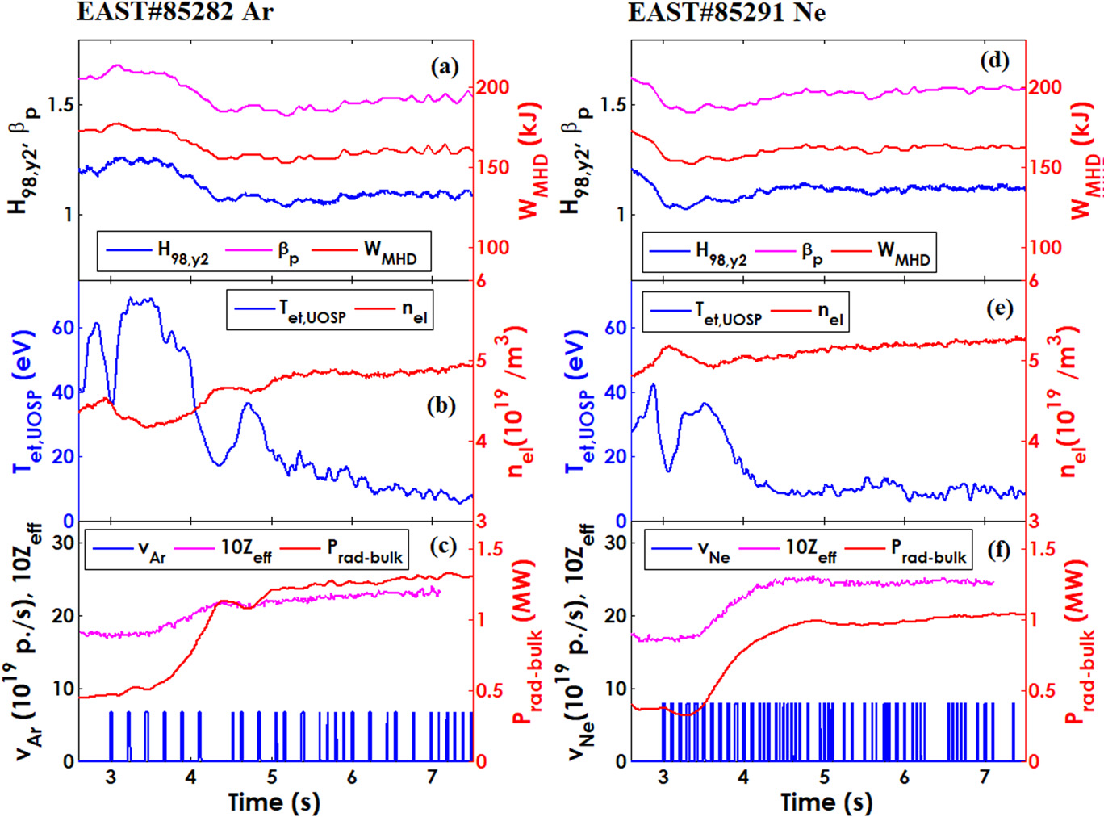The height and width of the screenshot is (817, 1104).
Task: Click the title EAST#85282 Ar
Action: click(175, 12)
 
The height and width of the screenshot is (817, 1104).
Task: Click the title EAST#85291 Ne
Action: click(726, 12)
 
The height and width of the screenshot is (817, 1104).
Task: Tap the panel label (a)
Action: click(445, 66)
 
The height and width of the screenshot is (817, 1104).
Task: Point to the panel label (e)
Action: click(999, 308)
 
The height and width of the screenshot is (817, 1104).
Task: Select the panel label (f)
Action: click(998, 550)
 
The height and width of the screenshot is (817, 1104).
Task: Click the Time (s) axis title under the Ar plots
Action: click(274, 802)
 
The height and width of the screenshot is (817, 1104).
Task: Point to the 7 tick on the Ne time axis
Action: click(984, 777)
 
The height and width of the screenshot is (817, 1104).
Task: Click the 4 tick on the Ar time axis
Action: click(190, 777)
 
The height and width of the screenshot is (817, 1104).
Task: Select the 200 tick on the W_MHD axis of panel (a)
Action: click(492, 87)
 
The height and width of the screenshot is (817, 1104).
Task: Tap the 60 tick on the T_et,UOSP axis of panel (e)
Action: click(616, 328)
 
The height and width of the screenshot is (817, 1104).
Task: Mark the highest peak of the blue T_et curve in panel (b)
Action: click(142, 299)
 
